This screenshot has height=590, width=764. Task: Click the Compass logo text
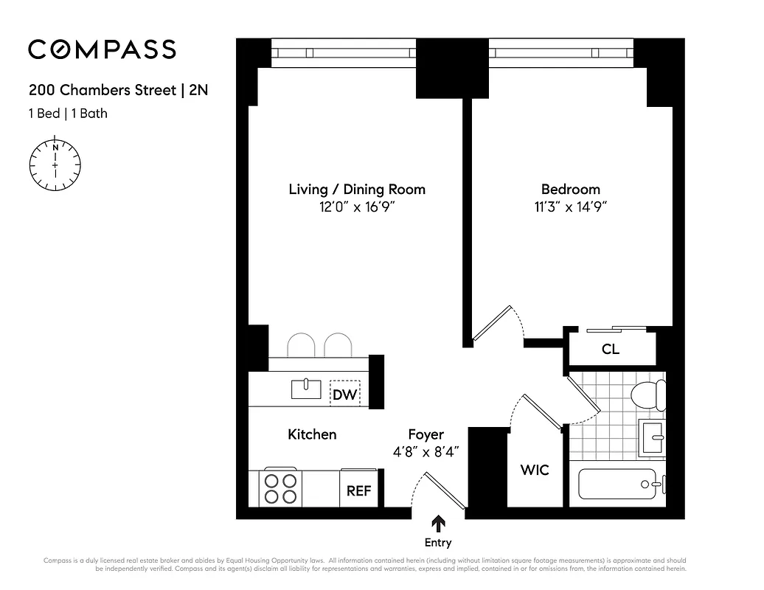tap(102, 49)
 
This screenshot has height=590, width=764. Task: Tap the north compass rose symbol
tap(55, 164)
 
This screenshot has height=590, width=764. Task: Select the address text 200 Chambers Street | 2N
tap(123, 91)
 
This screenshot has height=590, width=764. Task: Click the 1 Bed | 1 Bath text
tap(68, 114)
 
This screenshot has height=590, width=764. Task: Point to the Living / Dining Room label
tap(357, 190)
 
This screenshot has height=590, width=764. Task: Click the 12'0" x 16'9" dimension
tap(357, 208)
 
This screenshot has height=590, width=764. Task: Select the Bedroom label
tap(570, 190)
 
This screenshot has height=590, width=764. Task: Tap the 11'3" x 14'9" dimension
tap(570, 208)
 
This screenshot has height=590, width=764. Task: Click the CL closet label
tap(611, 350)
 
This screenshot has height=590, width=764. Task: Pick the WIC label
tap(535, 470)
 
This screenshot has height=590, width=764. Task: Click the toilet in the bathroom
tap(647, 395)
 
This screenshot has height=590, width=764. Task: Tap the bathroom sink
tap(653, 437)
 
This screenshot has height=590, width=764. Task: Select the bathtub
tap(619, 485)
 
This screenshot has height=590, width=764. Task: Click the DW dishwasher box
tap(344, 394)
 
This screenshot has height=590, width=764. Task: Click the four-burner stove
tap(280, 488)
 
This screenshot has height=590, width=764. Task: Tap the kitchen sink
tap(305, 388)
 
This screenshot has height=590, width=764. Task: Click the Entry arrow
tap(438, 524)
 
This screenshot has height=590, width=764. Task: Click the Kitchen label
tap(312, 434)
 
